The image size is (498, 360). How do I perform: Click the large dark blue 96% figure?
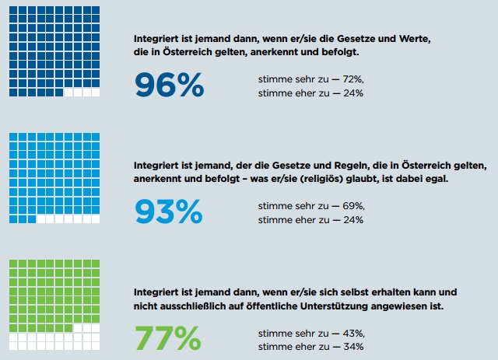coord(169,85)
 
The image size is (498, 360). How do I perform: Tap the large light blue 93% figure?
coord(168,211)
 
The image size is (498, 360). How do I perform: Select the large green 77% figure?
coord(167,338)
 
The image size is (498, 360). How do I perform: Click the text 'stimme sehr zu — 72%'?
coord(310,79)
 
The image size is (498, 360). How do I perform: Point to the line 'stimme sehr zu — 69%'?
coord(310,206)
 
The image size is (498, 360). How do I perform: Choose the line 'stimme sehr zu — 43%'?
coord(310,333)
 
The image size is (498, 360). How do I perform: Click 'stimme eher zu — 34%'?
coord(310,346)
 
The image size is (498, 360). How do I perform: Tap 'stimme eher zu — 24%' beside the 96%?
coord(310,93)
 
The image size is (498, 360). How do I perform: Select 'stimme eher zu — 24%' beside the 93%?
coord(310,220)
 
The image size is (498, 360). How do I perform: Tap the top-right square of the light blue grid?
coord(96,136)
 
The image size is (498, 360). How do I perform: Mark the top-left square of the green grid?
coord(12,264)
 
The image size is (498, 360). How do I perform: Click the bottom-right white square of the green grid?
coord(96,347)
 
